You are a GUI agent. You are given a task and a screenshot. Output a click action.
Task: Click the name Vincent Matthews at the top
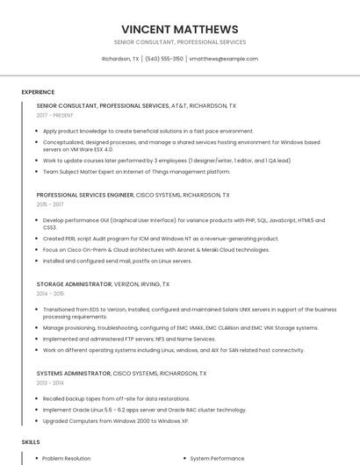pos(180,28)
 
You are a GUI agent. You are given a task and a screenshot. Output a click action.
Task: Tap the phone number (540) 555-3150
pos(164,59)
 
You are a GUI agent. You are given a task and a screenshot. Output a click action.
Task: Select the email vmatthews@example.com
pos(223,59)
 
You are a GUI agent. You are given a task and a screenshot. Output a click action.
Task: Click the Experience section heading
pos(38,91)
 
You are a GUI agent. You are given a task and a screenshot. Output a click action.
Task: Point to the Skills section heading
pos(31,440)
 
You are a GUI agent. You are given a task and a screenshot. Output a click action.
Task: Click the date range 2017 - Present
pos(54,115)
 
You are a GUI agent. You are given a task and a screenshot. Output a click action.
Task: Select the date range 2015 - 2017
pos(51,204)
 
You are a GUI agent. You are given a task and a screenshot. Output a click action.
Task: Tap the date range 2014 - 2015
pos(51,294)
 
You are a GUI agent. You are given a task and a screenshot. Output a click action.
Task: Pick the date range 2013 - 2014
pos(51,383)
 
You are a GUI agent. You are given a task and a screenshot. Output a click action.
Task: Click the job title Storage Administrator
pos(74,284)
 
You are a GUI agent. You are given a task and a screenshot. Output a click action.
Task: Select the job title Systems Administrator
pos(75,373)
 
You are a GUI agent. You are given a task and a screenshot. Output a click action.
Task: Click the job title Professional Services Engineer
pos(85,195)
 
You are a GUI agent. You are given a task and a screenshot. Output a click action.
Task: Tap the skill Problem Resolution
pos(67,458)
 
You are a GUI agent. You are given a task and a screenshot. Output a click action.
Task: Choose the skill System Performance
pos(218,458)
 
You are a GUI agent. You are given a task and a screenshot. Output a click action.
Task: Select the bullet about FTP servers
pos(129,339)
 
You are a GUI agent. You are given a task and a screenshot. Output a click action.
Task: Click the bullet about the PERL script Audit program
pos(161,238)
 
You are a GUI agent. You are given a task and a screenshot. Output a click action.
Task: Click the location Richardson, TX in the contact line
pos(120,59)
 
